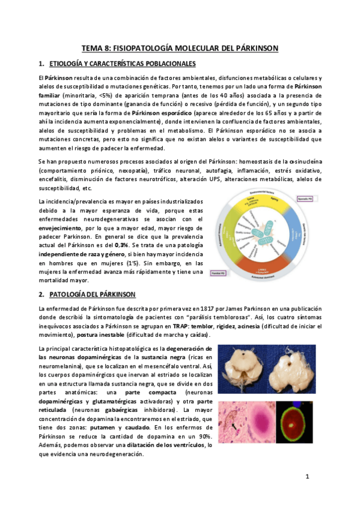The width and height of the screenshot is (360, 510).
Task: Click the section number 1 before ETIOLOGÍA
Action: pyautogui.click(x=40, y=64)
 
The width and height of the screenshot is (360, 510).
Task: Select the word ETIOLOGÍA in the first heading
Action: pyautogui.click(x=67, y=64)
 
